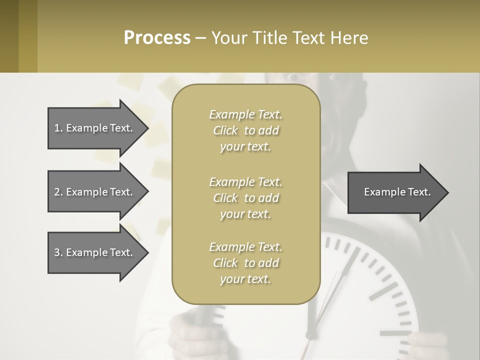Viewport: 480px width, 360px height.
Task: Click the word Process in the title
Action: (x=157, y=37)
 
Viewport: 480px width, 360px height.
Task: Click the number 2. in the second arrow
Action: (x=58, y=192)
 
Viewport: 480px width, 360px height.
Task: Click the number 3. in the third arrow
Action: (x=58, y=252)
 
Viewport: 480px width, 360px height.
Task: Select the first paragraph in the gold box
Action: (x=245, y=130)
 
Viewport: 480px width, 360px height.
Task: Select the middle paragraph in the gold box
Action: (x=245, y=198)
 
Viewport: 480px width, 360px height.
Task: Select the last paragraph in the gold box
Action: (x=245, y=263)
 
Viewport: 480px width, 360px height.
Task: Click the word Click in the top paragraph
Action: (x=225, y=130)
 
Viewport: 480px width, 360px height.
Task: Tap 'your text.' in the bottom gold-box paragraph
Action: (x=245, y=279)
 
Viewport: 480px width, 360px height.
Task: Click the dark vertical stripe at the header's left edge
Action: (x=9, y=36)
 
